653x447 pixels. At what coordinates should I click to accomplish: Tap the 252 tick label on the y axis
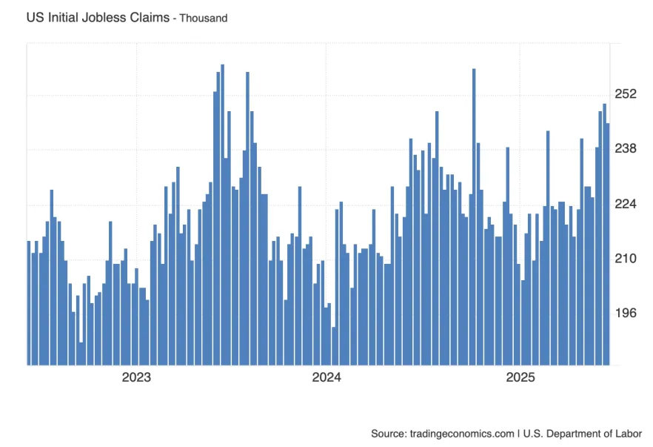tap(626, 94)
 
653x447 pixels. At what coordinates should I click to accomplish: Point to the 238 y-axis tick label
tap(626, 149)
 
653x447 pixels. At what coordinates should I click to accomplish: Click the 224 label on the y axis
tap(626, 204)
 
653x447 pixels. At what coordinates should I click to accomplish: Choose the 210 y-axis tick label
tap(626, 259)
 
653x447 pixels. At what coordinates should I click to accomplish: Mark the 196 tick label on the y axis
tap(626, 313)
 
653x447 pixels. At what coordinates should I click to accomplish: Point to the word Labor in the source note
tap(627, 433)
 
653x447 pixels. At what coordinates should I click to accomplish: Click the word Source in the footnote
tap(389, 433)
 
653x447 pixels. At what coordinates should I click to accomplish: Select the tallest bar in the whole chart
tap(222, 215)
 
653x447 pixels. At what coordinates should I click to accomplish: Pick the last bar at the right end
tap(608, 245)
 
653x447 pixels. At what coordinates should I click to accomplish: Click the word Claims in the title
tap(147, 17)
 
